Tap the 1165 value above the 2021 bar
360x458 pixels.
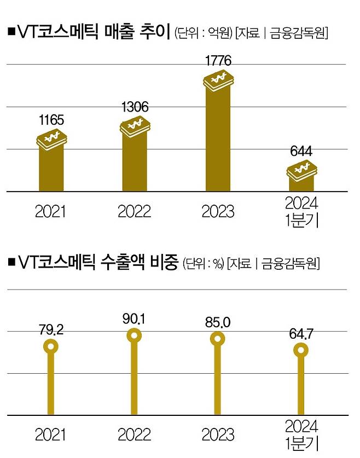point(50,119)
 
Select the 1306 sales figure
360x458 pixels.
point(134,107)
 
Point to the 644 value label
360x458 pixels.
point(300,152)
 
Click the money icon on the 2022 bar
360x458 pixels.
point(135,126)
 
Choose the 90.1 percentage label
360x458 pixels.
point(135,319)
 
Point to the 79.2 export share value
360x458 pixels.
point(51,330)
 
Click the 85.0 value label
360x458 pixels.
point(218,322)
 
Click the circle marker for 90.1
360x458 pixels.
point(135,335)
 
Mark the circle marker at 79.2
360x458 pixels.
point(51,346)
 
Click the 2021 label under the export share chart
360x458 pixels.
point(50,435)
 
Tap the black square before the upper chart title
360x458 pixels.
point(10,32)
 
